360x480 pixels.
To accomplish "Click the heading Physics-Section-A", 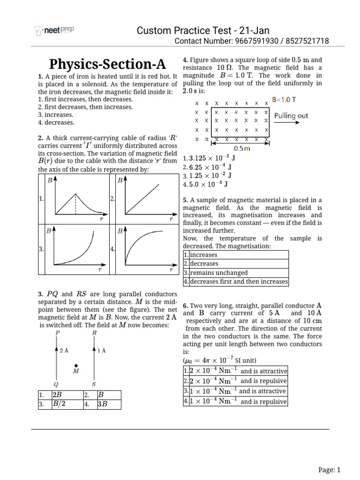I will (107, 64).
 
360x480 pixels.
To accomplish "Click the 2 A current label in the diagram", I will (65, 350).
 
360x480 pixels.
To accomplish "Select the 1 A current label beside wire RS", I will (101, 350).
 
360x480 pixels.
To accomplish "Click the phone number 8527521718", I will (306, 42).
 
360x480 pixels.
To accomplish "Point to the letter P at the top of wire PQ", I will (58, 332).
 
